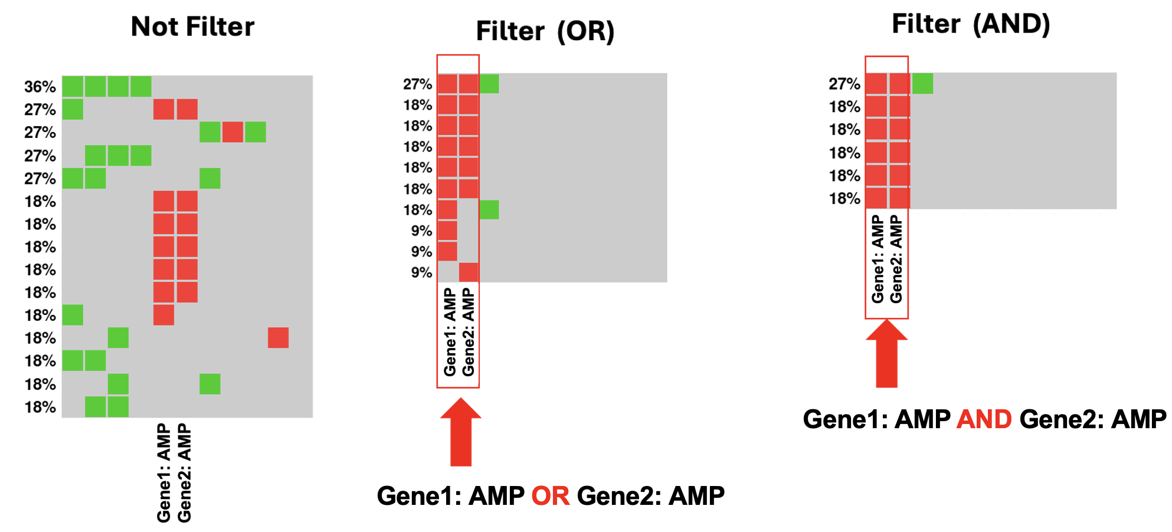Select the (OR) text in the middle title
(586, 31)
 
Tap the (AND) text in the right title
(1011, 24)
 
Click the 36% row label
(40, 87)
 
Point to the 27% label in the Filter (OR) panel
(418, 84)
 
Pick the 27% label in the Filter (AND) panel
(844, 84)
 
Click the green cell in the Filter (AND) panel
(922, 84)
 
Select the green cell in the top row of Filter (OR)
(489, 84)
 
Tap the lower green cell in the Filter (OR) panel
(489, 209)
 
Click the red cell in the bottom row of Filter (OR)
(469, 272)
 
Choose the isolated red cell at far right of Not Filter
(278, 338)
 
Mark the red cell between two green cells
(233, 132)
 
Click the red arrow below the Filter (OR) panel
(461, 432)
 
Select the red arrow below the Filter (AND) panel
(886, 353)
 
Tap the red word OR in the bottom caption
(551, 496)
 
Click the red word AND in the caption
(984, 419)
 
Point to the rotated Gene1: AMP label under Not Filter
(163, 473)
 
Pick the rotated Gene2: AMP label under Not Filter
(184, 473)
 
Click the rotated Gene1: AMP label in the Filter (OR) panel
(450, 332)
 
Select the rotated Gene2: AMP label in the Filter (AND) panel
(896, 259)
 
